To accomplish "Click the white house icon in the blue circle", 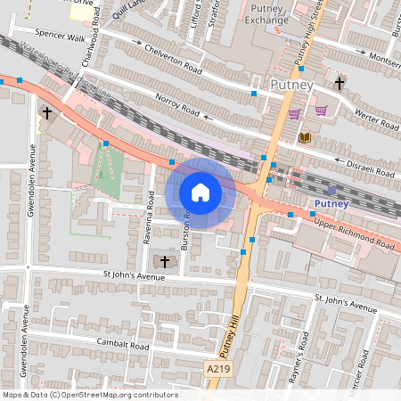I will pyautogui.click(x=200, y=192).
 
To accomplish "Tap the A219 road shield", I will pyautogui.click(x=218, y=367).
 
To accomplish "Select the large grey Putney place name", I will pyautogui.click(x=291, y=86).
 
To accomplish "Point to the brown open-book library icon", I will pyautogui.click(x=306, y=136).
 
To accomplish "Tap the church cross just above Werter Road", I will pyautogui.click(x=339, y=83).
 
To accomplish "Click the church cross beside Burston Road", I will pyautogui.click(x=164, y=261).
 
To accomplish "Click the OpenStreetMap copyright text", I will pyautogui.click(x=90, y=395).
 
